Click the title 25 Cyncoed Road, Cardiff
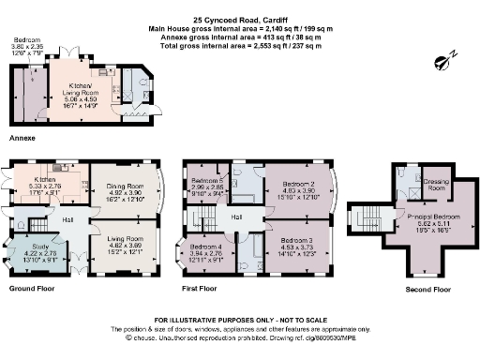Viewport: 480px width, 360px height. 239,18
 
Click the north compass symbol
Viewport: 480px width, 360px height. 443,62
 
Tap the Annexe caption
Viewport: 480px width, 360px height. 22,138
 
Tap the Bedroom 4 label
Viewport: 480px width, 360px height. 206,247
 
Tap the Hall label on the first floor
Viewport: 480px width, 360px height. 239,217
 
